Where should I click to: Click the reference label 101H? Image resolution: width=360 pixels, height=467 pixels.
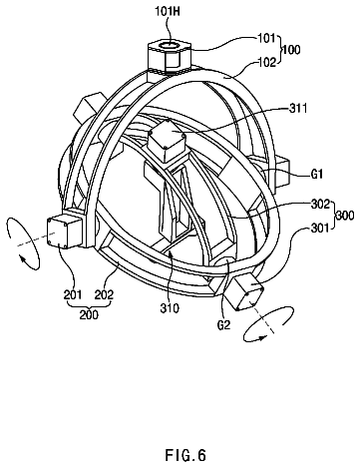point(168,12)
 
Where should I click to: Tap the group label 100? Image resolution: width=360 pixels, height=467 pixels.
point(291,50)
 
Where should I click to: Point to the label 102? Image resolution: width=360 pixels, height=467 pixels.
point(267,62)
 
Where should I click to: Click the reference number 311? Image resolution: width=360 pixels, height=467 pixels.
point(298,109)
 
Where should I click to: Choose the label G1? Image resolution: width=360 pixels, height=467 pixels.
point(316,174)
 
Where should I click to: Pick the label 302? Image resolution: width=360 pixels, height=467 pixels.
point(320,204)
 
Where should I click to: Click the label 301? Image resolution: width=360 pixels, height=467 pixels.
point(320,229)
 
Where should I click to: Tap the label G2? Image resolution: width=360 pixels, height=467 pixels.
point(223,324)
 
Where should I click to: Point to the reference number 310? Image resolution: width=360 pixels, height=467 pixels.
point(170,308)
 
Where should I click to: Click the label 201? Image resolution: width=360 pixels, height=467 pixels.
point(73,294)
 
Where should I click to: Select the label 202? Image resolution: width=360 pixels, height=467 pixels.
point(104,294)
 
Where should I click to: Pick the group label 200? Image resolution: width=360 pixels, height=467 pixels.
point(89,314)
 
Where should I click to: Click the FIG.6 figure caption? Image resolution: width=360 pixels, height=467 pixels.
point(185,455)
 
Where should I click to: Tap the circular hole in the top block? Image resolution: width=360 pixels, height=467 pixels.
point(170,45)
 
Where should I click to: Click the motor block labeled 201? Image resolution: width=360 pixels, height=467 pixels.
point(65,232)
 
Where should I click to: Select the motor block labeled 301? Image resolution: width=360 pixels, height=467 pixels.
point(245,292)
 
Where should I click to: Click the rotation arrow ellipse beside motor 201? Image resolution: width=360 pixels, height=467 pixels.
point(23,242)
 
